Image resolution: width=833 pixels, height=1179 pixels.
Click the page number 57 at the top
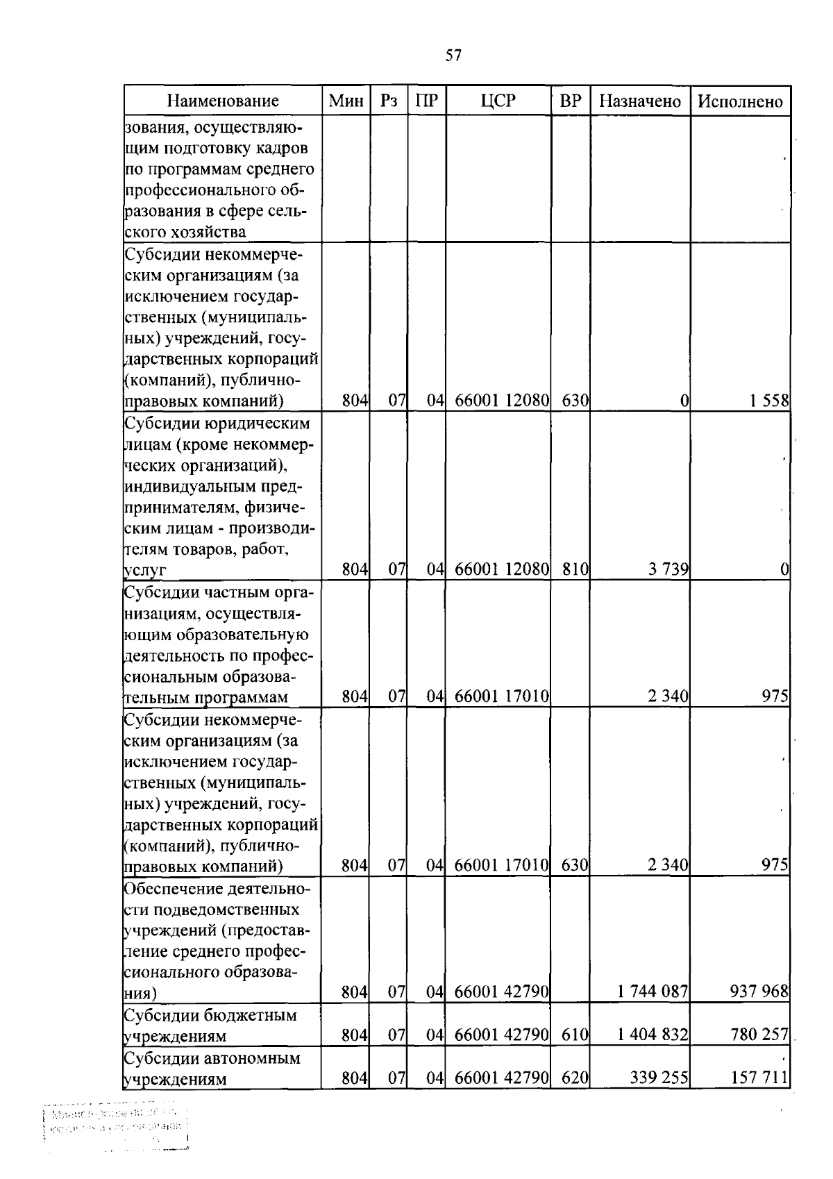(x=453, y=56)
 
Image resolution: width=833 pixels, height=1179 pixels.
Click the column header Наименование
(x=223, y=101)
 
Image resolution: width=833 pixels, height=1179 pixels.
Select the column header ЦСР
(x=498, y=101)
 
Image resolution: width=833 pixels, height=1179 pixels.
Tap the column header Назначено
(x=639, y=101)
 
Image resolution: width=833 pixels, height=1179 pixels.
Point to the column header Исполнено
(x=740, y=101)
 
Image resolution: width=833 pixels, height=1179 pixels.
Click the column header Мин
(x=346, y=101)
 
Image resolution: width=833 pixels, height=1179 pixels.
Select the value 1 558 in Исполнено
(x=768, y=401)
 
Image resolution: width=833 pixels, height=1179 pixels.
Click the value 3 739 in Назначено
(x=668, y=570)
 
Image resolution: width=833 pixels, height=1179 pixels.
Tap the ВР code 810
(x=575, y=570)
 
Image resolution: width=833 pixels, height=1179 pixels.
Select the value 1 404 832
(x=652, y=1035)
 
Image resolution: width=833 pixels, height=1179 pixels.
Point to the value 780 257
(x=759, y=1035)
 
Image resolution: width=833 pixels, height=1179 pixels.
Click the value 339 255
(x=659, y=1078)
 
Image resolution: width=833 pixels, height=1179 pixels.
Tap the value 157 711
(x=759, y=1078)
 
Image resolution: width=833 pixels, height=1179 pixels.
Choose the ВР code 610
(x=575, y=1035)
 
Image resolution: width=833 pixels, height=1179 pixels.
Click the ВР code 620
(x=575, y=1078)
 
